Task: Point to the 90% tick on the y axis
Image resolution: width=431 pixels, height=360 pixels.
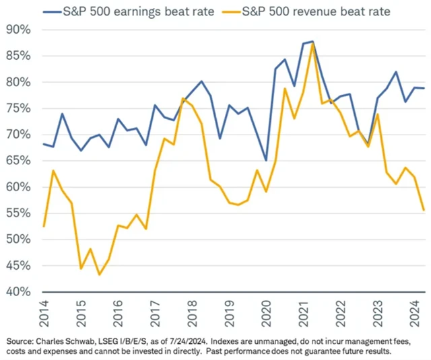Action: (18, 30)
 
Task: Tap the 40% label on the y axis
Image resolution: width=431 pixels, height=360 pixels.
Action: (18, 292)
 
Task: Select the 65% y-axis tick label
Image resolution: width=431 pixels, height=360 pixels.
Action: (18, 161)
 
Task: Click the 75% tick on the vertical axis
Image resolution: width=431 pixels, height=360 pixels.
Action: (18, 108)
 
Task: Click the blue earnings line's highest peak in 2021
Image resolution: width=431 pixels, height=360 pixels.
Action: (312, 42)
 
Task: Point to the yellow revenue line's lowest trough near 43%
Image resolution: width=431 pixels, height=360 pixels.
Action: (100, 275)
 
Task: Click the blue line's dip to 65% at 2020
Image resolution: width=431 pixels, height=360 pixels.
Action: (266, 161)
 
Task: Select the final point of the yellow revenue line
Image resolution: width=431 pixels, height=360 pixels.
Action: (423, 211)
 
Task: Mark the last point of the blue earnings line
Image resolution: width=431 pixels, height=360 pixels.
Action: (423, 88)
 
